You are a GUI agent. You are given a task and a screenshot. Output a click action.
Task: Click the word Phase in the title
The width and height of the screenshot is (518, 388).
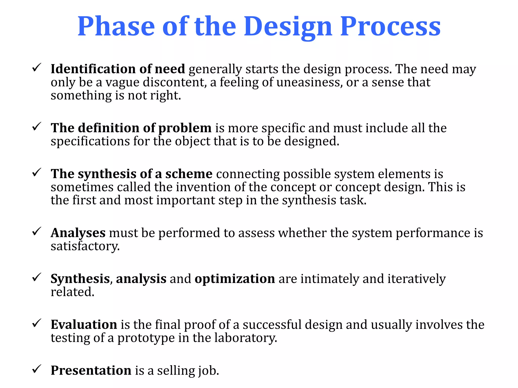[116, 26]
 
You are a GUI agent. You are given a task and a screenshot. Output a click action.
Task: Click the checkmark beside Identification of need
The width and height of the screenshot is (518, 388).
[37, 67]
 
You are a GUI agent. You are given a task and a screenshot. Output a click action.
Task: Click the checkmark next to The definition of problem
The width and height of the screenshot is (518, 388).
[37, 126]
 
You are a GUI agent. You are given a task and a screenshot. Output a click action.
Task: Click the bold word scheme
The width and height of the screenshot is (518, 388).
[189, 174]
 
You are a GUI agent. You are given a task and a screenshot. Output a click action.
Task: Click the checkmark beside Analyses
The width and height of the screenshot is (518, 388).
[37, 231]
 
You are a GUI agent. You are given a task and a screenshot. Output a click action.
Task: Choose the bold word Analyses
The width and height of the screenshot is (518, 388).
[78, 233]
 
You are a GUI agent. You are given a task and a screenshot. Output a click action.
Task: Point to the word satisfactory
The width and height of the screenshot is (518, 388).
[85, 246]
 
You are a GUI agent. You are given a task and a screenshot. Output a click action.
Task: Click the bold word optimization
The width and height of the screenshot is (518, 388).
[235, 279]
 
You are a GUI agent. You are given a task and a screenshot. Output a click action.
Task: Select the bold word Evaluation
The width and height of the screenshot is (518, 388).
[84, 325]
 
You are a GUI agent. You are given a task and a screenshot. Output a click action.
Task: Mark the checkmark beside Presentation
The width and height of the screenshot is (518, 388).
[37, 369]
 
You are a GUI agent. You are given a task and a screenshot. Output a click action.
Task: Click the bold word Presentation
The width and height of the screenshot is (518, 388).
[91, 371]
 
